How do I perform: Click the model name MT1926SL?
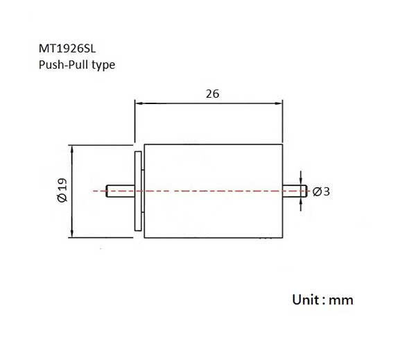click(x=67, y=49)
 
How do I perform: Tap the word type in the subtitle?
click(x=103, y=65)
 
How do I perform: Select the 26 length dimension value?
click(x=213, y=94)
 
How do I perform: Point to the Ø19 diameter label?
click(x=62, y=190)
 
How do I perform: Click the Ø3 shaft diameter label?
click(x=321, y=191)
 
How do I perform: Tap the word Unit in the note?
click(x=306, y=300)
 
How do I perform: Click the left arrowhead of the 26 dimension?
click(x=139, y=103)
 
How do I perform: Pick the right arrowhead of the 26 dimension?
click(x=279, y=103)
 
